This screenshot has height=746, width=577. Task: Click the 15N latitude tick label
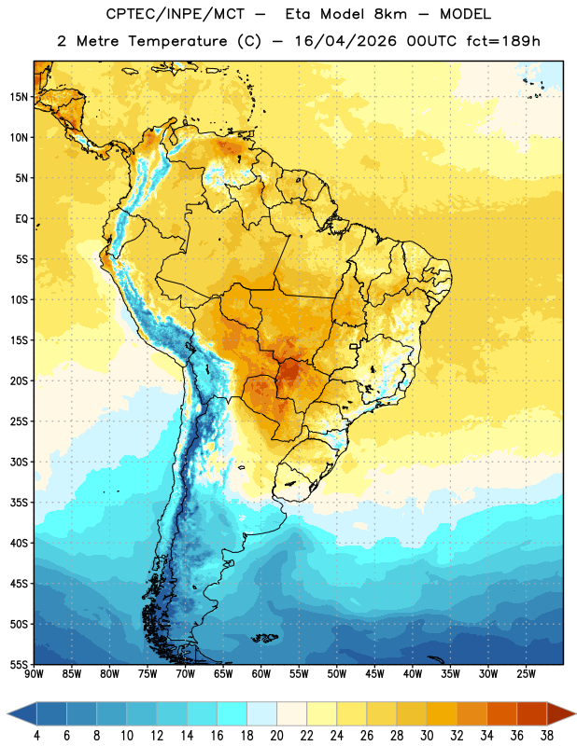tap(19, 97)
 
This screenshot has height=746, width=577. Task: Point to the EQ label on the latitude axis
tap(21, 219)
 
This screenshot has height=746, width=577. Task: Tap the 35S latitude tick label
tap(19, 503)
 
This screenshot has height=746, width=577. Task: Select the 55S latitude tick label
tap(19, 665)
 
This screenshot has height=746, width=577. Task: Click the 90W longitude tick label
tap(34, 674)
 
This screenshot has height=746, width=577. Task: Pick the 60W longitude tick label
tap(261, 674)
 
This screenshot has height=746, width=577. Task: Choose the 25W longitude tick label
tap(526, 674)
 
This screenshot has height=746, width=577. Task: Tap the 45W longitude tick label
tap(374, 674)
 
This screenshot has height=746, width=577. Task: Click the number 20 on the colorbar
tap(276, 736)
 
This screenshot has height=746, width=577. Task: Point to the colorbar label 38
tap(547, 736)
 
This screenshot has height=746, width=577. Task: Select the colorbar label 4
tap(36, 736)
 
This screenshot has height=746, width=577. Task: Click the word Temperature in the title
tap(177, 41)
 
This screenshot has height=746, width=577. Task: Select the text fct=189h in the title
tap(503, 41)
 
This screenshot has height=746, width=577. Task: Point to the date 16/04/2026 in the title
tap(345, 41)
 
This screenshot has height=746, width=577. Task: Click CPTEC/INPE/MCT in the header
tap(176, 14)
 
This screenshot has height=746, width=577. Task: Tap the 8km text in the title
tap(390, 14)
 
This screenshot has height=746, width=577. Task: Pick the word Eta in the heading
tap(298, 14)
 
